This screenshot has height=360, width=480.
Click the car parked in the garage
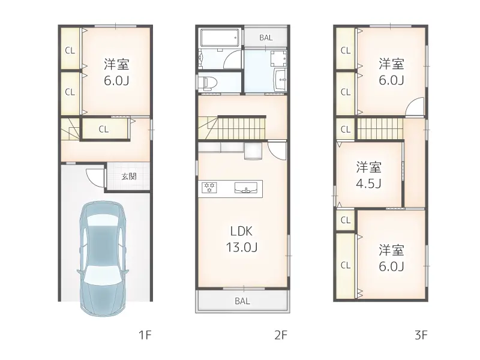tap(103, 259)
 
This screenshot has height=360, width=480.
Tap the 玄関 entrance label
tap(128, 176)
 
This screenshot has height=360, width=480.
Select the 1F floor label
tap(145, 335)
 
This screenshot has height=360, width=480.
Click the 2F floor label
tap(281, 335)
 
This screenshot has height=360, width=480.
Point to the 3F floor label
tap(421, 335)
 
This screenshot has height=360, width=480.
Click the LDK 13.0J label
tap(242, 239)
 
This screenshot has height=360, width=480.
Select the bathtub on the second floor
tap(220, 38)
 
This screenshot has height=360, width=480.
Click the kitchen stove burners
tap(209, 187)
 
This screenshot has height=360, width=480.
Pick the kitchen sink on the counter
tap(246, 188)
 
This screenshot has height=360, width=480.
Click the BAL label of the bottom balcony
tap(242, 301)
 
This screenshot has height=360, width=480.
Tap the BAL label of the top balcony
tap(266, 38)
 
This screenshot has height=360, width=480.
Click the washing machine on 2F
tap(278, 58)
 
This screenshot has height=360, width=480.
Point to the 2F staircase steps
tap(242, 128)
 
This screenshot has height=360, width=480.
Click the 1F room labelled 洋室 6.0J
tap(116, 72)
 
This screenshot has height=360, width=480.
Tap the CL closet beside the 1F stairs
tap(104, 129)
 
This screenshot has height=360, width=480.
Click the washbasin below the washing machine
tap(280, 80)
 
